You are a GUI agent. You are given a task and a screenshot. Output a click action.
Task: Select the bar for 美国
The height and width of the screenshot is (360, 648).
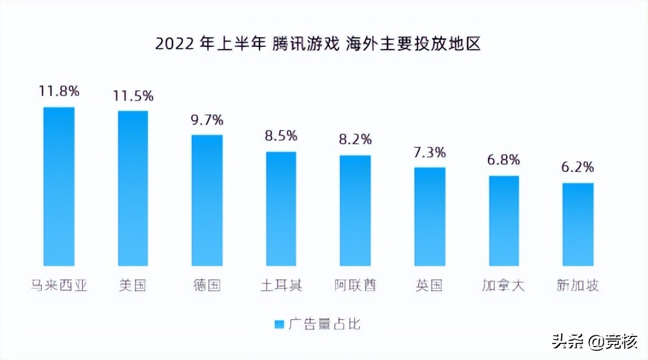[133, 188]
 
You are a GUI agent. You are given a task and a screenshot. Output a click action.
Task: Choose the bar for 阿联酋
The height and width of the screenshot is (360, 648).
[355, 211]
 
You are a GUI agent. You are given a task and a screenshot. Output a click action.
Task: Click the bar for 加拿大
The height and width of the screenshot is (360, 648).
[504, 221]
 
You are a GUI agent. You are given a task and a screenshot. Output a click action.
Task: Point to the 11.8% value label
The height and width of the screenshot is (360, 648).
[59, 91]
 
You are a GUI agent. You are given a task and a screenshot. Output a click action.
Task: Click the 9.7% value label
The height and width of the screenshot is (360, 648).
[207, 119]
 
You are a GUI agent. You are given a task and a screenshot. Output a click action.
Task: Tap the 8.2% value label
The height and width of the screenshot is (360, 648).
[355, 140]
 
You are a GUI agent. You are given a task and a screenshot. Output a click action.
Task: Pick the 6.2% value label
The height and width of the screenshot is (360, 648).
[578, 167]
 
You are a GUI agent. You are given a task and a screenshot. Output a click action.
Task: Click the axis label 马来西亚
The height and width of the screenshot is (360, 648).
[59, 285]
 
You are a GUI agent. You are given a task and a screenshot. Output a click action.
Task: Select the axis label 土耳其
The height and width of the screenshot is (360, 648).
[281, 285]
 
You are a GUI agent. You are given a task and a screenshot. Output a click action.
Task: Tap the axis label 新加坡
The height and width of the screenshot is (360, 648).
[578, 285]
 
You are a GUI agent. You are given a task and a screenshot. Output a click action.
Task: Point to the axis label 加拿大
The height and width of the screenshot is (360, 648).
[503, 285]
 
